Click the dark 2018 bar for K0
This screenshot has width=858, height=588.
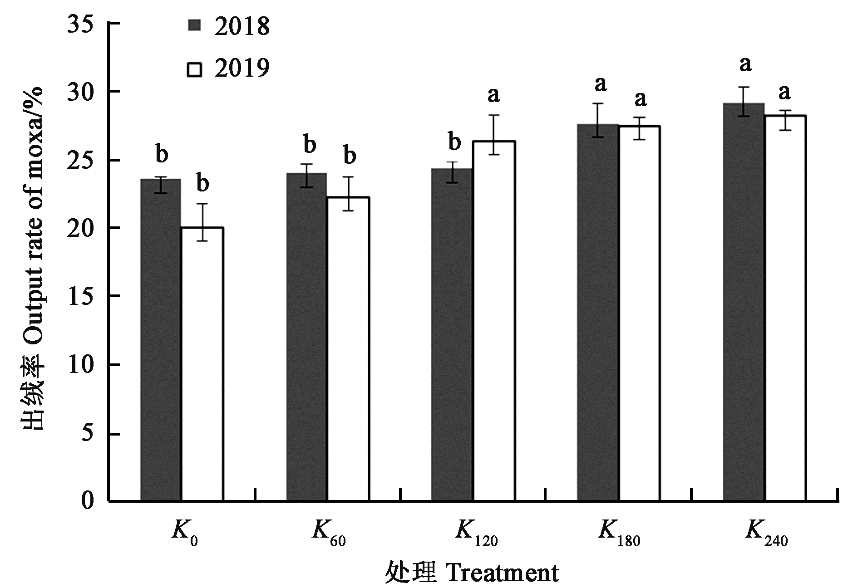click(161, 340)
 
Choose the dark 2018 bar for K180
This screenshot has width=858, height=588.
click(598, 313)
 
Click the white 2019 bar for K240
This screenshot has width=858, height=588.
click(785, 309)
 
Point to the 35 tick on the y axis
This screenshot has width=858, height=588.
click(84, 24)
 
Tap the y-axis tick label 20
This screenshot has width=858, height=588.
click(84, 228)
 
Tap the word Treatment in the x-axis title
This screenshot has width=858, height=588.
click(503, 573)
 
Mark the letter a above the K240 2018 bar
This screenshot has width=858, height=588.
click(745, 64)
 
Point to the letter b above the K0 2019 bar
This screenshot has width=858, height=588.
click(202, 184)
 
